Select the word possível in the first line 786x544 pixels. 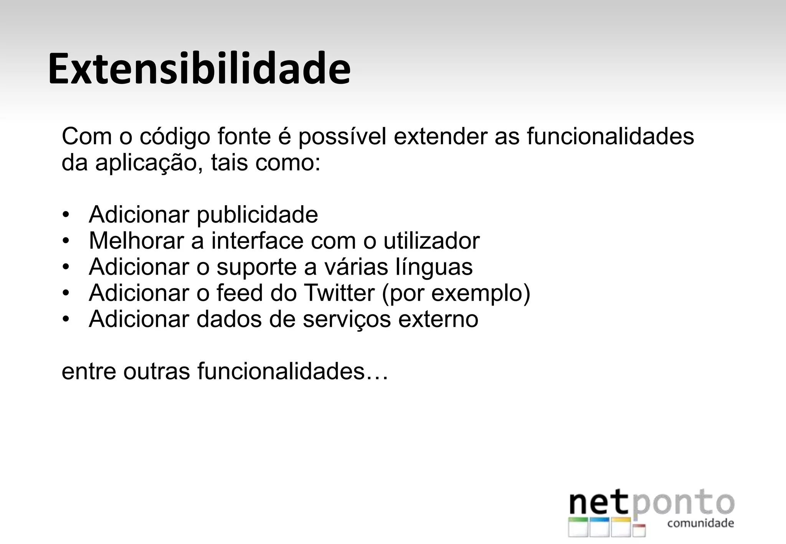click(342, 137)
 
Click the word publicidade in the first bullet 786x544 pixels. click(257, 215)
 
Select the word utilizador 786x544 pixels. click(431, 241)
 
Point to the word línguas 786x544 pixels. click(434, 267)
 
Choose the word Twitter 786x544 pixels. click(339, 293)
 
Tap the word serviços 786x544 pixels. click(347, 320)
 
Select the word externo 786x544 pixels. click(438, 319)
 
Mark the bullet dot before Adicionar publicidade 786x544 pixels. click(66, 215)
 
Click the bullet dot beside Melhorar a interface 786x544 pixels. click(66, 241)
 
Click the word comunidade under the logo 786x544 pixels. click(700, 523)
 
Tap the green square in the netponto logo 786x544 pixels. click(578, 527)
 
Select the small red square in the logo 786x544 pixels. click(639, 530)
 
